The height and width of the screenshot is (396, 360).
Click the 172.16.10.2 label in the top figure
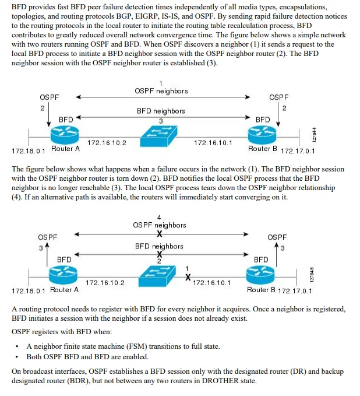tap(107, 142)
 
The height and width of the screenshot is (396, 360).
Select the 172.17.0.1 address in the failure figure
tap(295, 290)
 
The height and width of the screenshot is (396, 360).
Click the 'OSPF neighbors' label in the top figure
tap(161, 91)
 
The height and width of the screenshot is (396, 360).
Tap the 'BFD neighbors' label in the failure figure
tap(159, 246)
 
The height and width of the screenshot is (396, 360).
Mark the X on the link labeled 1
tap(188, 278)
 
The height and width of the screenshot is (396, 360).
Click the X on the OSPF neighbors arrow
tap(159, 234)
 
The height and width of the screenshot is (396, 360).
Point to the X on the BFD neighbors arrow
tap(159, 254)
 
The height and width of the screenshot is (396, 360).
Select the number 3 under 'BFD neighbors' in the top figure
tap(161, 120)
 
